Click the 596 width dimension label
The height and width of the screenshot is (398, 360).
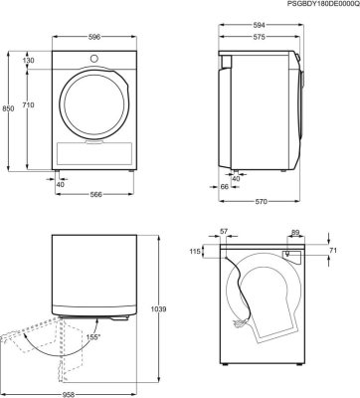(94, 37)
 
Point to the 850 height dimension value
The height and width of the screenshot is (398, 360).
(8, 108)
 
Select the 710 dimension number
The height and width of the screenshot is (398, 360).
(29, 105)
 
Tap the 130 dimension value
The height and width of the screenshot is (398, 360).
(29, 61)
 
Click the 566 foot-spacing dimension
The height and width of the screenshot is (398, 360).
(95, 195)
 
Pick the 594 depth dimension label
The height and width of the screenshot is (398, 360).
(261, 25)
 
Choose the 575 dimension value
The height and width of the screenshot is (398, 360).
(259, 37)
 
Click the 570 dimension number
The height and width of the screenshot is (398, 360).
(261, 202)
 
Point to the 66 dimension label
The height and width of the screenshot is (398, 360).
(225, 187)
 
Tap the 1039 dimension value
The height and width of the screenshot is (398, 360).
(158, 309)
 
